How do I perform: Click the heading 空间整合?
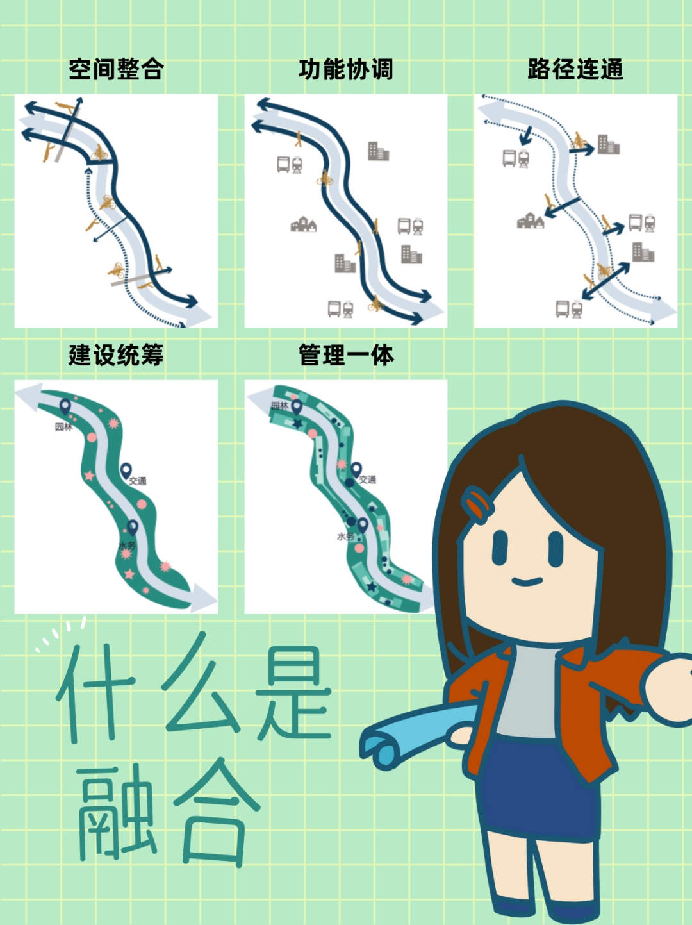click(116, 69)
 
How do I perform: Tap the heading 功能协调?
click(346, 69)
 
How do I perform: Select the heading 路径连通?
click(575, 69)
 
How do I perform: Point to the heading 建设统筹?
click(116, 355)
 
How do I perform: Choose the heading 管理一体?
click(346, 355)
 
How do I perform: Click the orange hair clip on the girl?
click(477, 504)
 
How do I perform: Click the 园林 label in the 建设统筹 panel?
click(63, 427)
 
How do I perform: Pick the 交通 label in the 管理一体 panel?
click(368, 479)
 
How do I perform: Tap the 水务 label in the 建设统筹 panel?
click(128, 546)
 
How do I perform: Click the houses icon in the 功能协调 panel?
click(303, 224)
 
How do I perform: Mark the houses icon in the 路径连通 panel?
click(531, 221)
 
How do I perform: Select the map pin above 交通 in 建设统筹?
click(126, 471)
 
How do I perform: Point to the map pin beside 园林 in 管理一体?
click(297, 407)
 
